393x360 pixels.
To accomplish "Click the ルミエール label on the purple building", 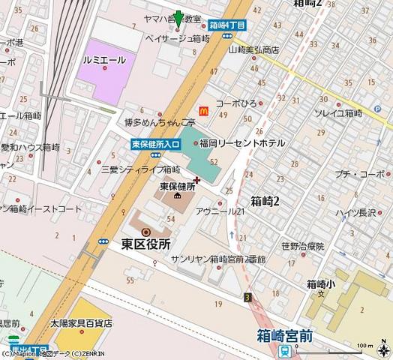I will click(x=104, y=60).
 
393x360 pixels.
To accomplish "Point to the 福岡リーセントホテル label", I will click(x=241, y=142).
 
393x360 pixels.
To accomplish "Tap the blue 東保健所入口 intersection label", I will click(x=155, y=144).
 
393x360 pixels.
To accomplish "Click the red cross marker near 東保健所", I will click(x=196, y=179).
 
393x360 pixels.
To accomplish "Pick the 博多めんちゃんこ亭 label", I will click(x=160, y=122).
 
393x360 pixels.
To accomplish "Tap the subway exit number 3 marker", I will click(x=247, y=298).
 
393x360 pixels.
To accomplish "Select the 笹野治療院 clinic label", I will click(x=303, y=246).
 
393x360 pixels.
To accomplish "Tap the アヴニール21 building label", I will click(x=220, y=212).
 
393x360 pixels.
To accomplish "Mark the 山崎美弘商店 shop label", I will click(x=253, y=49).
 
